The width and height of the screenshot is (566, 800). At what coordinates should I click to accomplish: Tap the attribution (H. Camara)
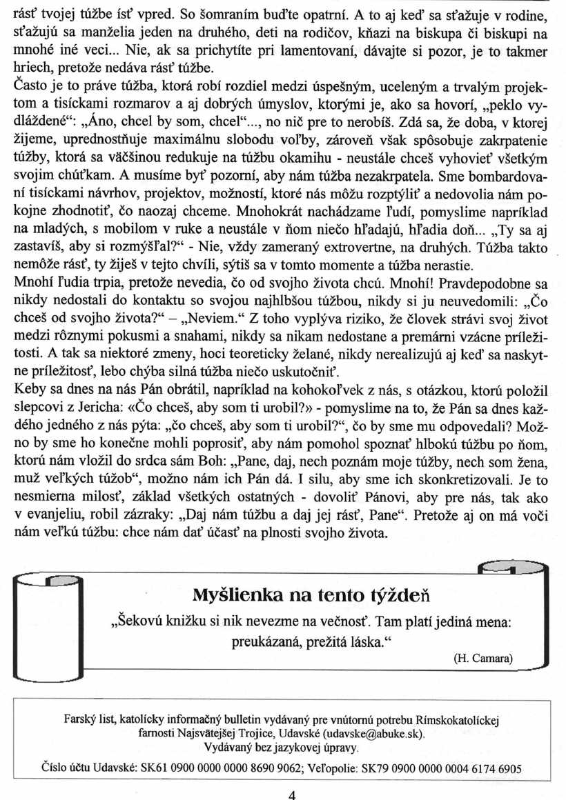click(x=483, y=658)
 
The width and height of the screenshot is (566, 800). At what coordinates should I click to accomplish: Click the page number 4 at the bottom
click(x=291, y=794)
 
